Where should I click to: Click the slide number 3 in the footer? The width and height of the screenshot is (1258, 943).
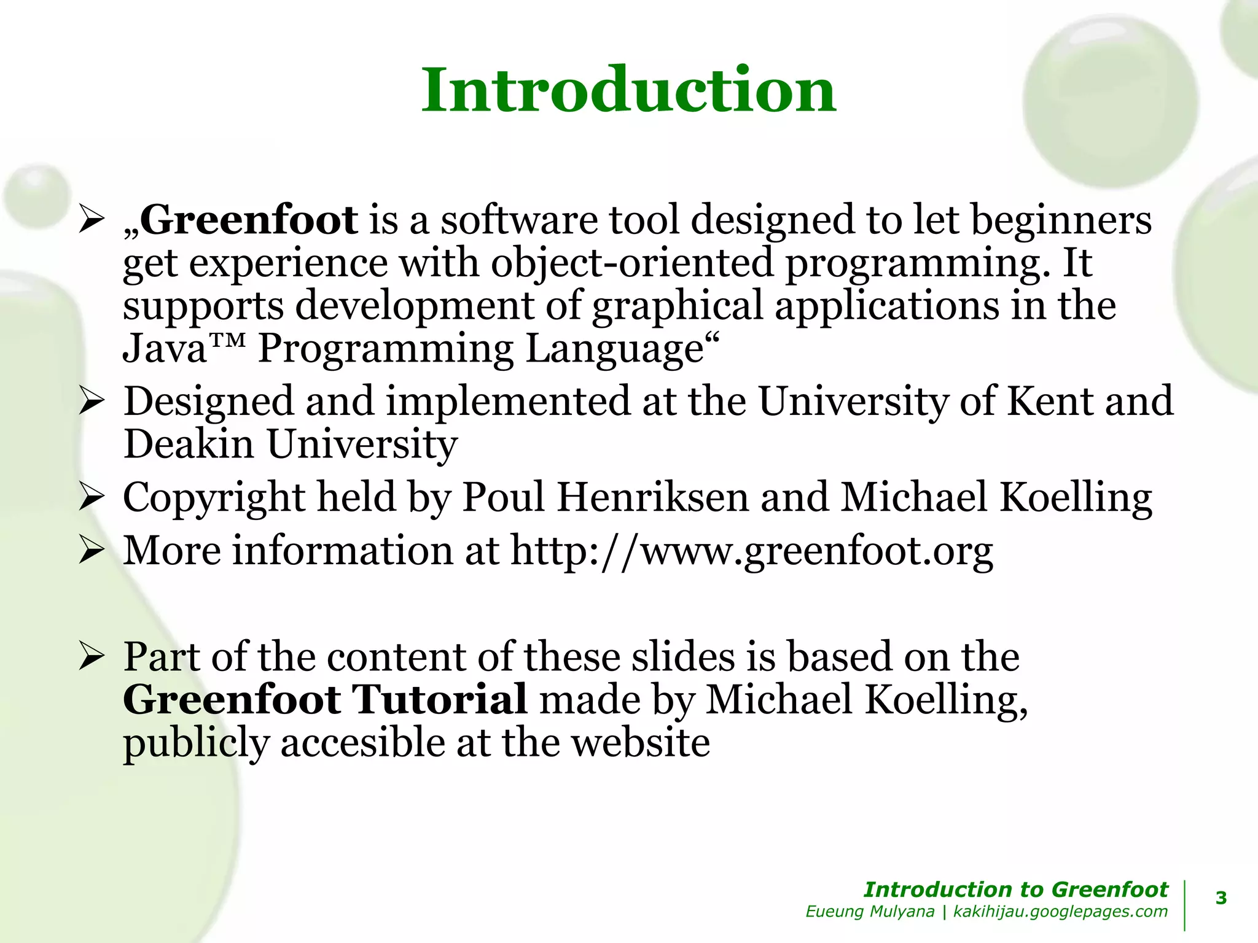(1221, 898)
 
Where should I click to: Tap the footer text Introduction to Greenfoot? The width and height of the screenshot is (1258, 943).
(1015, 889)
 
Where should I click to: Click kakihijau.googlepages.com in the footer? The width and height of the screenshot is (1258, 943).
(1060, 912)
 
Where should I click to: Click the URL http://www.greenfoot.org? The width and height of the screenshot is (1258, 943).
(751, 551)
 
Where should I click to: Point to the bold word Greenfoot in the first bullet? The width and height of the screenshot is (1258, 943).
(249, 220)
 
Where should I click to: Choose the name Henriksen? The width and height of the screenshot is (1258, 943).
(652, 497)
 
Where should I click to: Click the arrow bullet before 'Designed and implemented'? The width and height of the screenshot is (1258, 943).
(90, 403)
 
